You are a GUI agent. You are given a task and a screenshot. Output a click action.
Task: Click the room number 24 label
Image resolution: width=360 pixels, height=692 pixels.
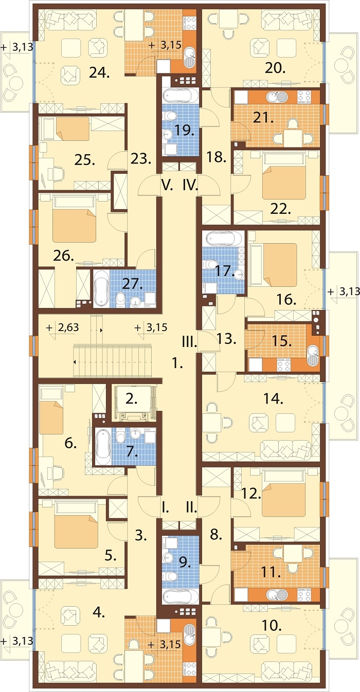pyautogui.click(x=99, y=73)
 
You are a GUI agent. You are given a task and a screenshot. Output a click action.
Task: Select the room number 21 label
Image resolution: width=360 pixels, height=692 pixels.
pyautogui.click(x=263, y=118)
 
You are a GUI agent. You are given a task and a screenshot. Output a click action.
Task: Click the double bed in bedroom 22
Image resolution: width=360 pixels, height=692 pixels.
pyautogui.click(x=284, y=176)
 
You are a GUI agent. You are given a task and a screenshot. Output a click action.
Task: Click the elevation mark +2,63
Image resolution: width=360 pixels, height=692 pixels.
pyautogui.click(x=63, y=327)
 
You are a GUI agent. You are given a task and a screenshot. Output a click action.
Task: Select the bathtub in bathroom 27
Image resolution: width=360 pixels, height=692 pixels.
pyautogui.click(x=101, y=288)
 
